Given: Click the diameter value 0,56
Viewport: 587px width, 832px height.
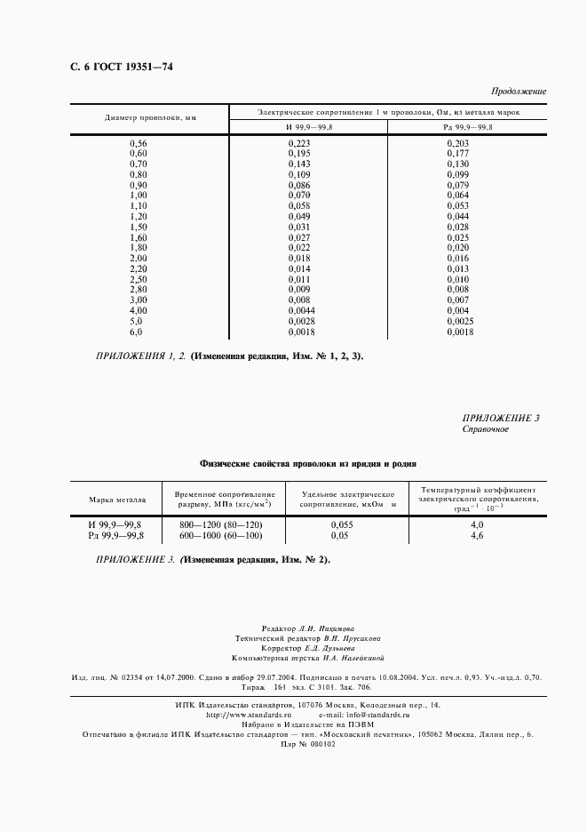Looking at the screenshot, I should coord(139,143).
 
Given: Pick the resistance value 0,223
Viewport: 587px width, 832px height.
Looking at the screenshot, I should coord(299,143).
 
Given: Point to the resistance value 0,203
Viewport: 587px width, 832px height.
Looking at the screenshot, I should coord(457,143).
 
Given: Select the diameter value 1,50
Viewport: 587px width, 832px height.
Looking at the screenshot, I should coord(139,228).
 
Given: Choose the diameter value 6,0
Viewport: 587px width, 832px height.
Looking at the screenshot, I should coord(136,332).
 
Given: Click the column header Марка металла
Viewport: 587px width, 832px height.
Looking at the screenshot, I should coord(115,500).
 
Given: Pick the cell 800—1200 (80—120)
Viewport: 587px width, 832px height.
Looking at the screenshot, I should coord(221,525).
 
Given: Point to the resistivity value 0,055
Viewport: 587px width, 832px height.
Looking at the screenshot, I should coord(340,525).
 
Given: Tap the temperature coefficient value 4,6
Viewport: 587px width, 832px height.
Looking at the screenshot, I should coord(476,536).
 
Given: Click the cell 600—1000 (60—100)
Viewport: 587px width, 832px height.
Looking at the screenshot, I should coord(221,536).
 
